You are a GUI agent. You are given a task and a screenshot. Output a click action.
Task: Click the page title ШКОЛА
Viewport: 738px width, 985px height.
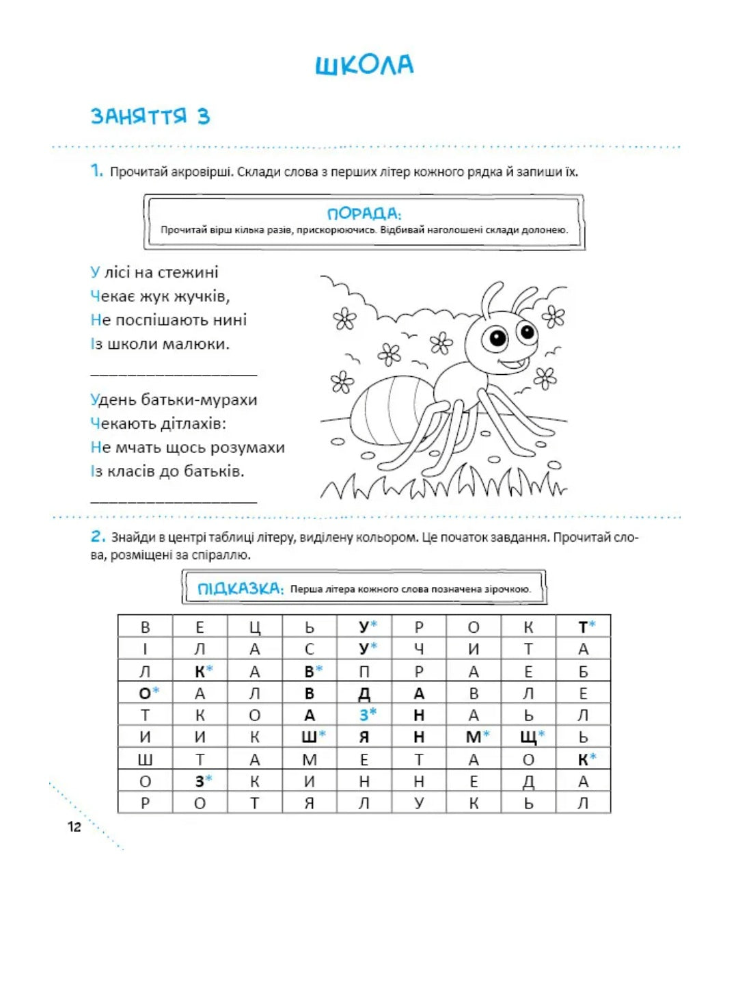(x=364, y=65)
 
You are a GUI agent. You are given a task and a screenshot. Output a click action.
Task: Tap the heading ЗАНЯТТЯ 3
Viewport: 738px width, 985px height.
(x=150, y=116)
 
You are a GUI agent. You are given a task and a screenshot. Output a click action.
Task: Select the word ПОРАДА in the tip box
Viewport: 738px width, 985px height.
(x=364, y=213)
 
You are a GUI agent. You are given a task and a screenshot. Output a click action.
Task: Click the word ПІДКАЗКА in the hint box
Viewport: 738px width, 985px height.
(x=240, y=588)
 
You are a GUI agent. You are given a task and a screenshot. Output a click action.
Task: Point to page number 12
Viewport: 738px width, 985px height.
(x=74, y=826)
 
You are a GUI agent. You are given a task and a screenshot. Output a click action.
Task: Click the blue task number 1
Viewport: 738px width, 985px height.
(x=96, y=171)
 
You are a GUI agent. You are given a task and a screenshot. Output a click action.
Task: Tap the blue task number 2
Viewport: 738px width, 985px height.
(x=98, y=537)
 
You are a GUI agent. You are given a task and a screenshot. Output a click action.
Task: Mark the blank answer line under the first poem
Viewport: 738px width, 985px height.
(x=174, y=374)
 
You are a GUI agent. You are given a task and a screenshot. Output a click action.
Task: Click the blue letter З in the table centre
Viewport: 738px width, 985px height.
(x=364, y=715)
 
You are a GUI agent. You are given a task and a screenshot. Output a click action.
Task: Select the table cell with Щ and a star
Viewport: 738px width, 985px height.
(x=528, y=737)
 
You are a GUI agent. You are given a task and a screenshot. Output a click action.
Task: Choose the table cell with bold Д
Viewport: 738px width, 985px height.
(x=364, y=693)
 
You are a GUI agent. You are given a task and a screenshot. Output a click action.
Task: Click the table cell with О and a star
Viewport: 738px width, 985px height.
(x=146, y=693)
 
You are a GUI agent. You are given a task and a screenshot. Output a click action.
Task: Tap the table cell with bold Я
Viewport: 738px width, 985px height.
(x=364, y=737)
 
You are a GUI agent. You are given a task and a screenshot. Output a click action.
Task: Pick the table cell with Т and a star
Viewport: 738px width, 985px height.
(x=583, y=627)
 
